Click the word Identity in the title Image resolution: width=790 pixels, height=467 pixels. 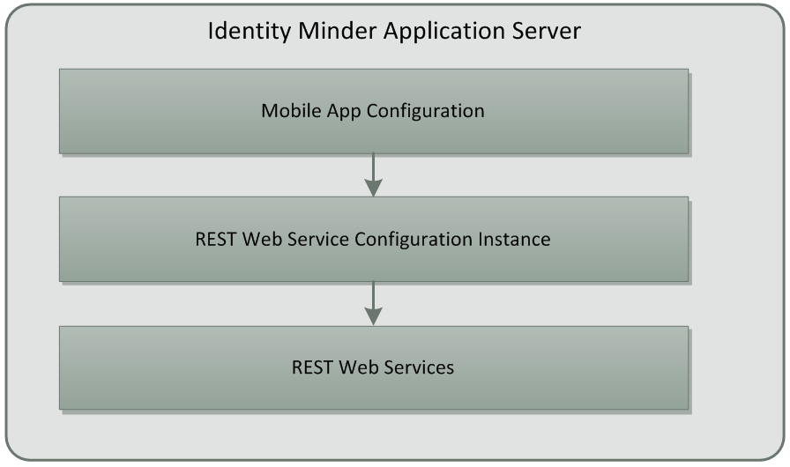pos(241,31)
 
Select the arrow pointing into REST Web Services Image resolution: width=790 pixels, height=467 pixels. pos(374,303)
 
